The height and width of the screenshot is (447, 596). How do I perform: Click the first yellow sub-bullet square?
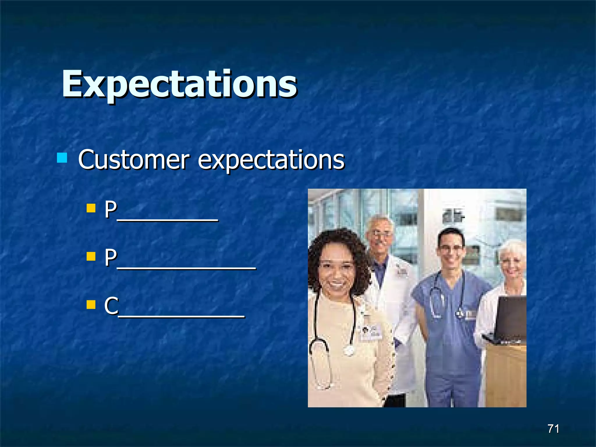click(x=91, y=208)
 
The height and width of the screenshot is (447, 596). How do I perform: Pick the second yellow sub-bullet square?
click(x=91, y=256)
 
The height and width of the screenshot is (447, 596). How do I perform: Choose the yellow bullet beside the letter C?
click(x=91, y=305)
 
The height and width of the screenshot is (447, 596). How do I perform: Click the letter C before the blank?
click(x=111, y=306)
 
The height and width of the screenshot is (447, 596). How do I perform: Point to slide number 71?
click(x=553, y=429)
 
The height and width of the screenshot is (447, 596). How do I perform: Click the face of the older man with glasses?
click(x=380, y=236)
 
